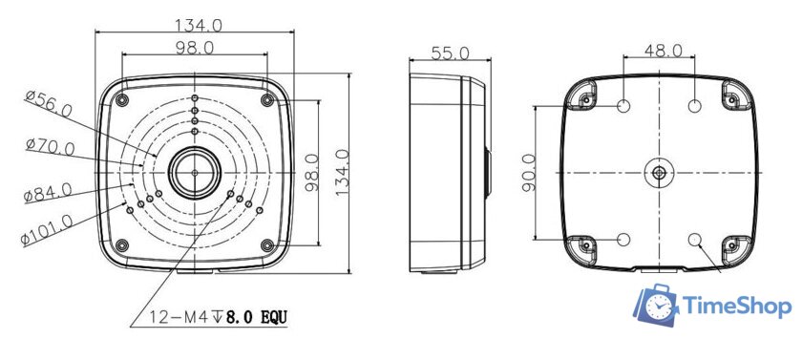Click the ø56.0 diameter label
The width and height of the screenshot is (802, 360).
[x=49, y=104]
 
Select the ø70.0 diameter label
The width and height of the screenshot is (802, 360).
[x=50, y=147]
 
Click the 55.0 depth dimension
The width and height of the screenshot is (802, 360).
[x=450, y=53]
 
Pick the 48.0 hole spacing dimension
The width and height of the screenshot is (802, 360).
[x=663, y=50]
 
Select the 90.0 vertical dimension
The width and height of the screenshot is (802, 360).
[x=529, y=172]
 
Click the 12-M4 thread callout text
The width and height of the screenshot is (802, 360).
[x=219, y=318]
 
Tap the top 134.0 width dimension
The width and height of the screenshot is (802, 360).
[x=199, y=25]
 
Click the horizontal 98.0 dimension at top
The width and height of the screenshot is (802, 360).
[x=195, y=48]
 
